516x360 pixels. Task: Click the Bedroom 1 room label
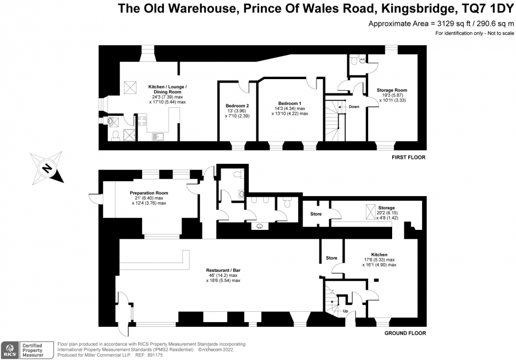(290, 103)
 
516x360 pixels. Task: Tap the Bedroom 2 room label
(237, 105)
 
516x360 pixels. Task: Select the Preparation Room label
(148, 193)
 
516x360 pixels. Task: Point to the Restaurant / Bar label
(223, 270)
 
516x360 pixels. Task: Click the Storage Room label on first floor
(392, 90)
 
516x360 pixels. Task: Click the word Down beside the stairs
(354, 107)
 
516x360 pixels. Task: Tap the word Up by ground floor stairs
(346, 311)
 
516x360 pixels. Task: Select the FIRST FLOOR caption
(408, 157)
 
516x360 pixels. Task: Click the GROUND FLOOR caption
(405, 333)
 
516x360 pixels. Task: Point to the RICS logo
(10, 350)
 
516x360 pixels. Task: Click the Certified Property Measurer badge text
(33, 350)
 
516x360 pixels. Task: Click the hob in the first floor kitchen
(142, 120)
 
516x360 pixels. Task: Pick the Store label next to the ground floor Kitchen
(331, 258)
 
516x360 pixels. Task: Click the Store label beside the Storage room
(316, 214)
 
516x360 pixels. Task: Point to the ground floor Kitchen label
(379, 255)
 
